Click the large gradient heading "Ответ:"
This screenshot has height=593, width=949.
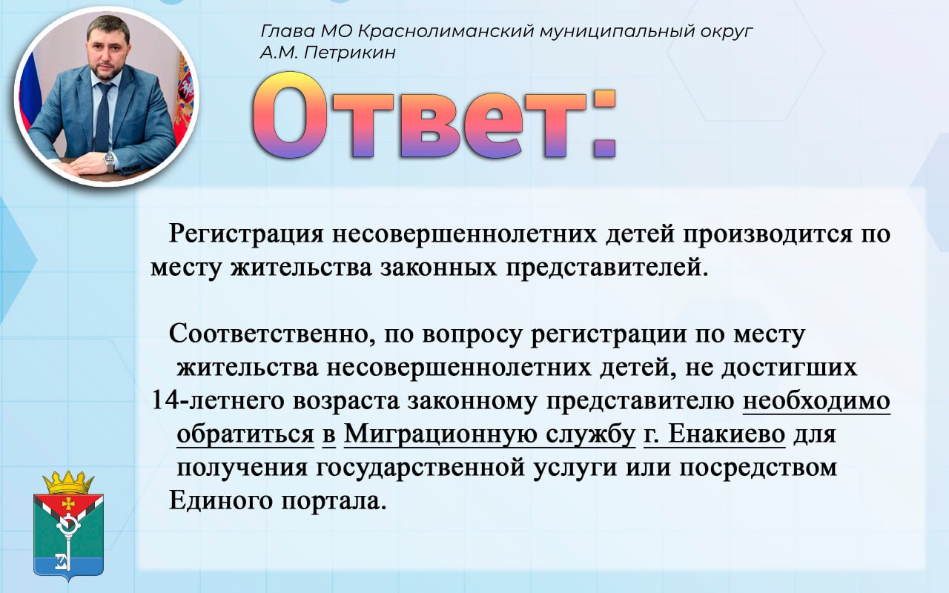click(x=434, y=115)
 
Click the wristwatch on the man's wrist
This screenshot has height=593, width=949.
click(x=110, y=161)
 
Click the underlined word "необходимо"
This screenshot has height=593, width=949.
click(x=816, y=401)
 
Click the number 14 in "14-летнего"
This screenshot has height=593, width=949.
click(x=165, y=400)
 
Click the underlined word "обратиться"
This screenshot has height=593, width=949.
click(x=245, y=434)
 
